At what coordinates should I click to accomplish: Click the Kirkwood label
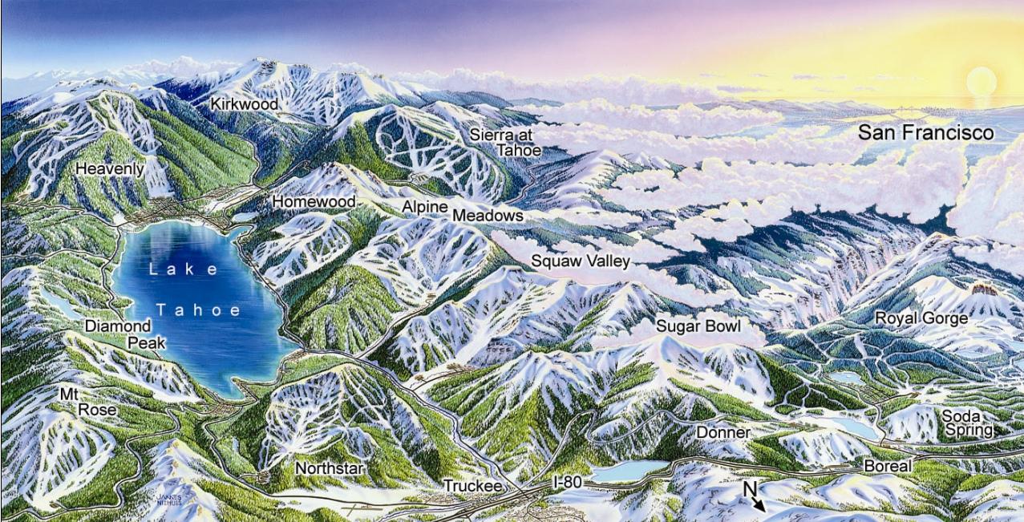(245, 104)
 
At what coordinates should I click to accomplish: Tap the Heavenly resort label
(110, 169)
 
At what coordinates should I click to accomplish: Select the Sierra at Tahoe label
(505, 142)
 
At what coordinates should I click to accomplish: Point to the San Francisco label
(925, 133)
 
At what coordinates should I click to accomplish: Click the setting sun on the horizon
(981, 83)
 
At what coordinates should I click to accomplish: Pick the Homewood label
(314, 201)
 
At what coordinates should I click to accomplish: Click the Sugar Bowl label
(698, 326)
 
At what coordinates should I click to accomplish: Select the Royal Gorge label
(921, 318)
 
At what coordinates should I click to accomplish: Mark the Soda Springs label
(968, 423)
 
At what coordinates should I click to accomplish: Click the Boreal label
(888, 466)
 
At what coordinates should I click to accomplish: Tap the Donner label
(722, 433)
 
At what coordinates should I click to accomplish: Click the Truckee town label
(472, 487)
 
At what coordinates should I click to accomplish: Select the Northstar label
(330, 468)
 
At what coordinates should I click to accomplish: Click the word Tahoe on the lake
(198, 310)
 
